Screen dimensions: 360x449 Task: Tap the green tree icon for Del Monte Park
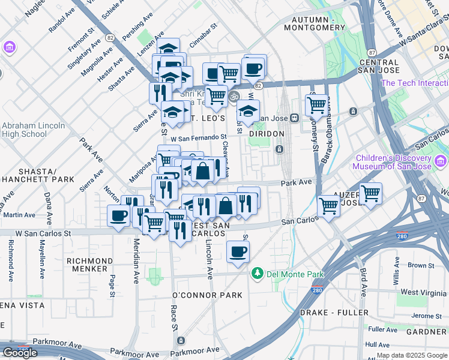click(258, 274)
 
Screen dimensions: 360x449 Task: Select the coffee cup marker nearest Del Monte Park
click(238, 252)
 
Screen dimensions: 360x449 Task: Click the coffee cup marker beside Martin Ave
click(118, 215)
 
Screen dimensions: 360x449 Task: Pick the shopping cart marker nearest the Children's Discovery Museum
click(370, 194)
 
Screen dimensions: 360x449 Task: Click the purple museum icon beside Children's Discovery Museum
click(441, 160)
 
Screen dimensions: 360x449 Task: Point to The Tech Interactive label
click(414, 83)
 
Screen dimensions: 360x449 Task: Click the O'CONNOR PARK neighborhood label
click(207, 295)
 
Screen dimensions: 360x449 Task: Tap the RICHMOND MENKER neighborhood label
click(87, 265)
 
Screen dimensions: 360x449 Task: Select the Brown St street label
click(421, 265)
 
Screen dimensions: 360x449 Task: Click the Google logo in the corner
click(20, 352)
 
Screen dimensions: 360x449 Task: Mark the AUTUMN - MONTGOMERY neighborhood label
click(310, 23)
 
